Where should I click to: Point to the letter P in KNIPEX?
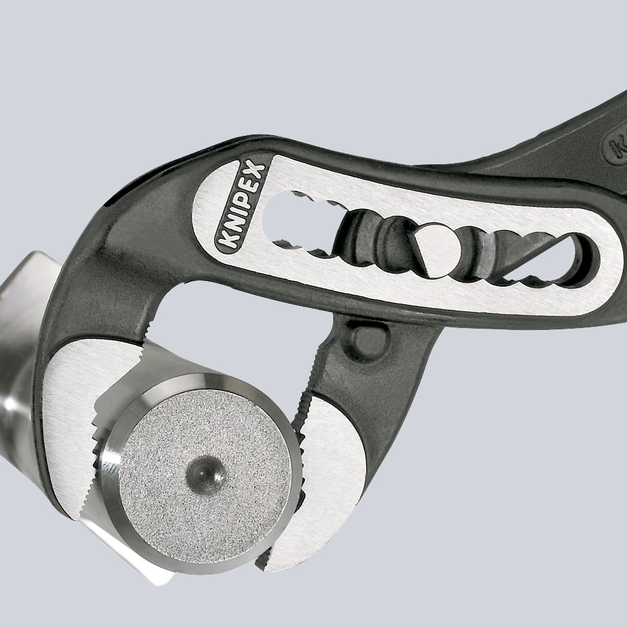coord(243,200)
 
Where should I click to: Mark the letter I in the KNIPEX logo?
coord(236,214)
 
